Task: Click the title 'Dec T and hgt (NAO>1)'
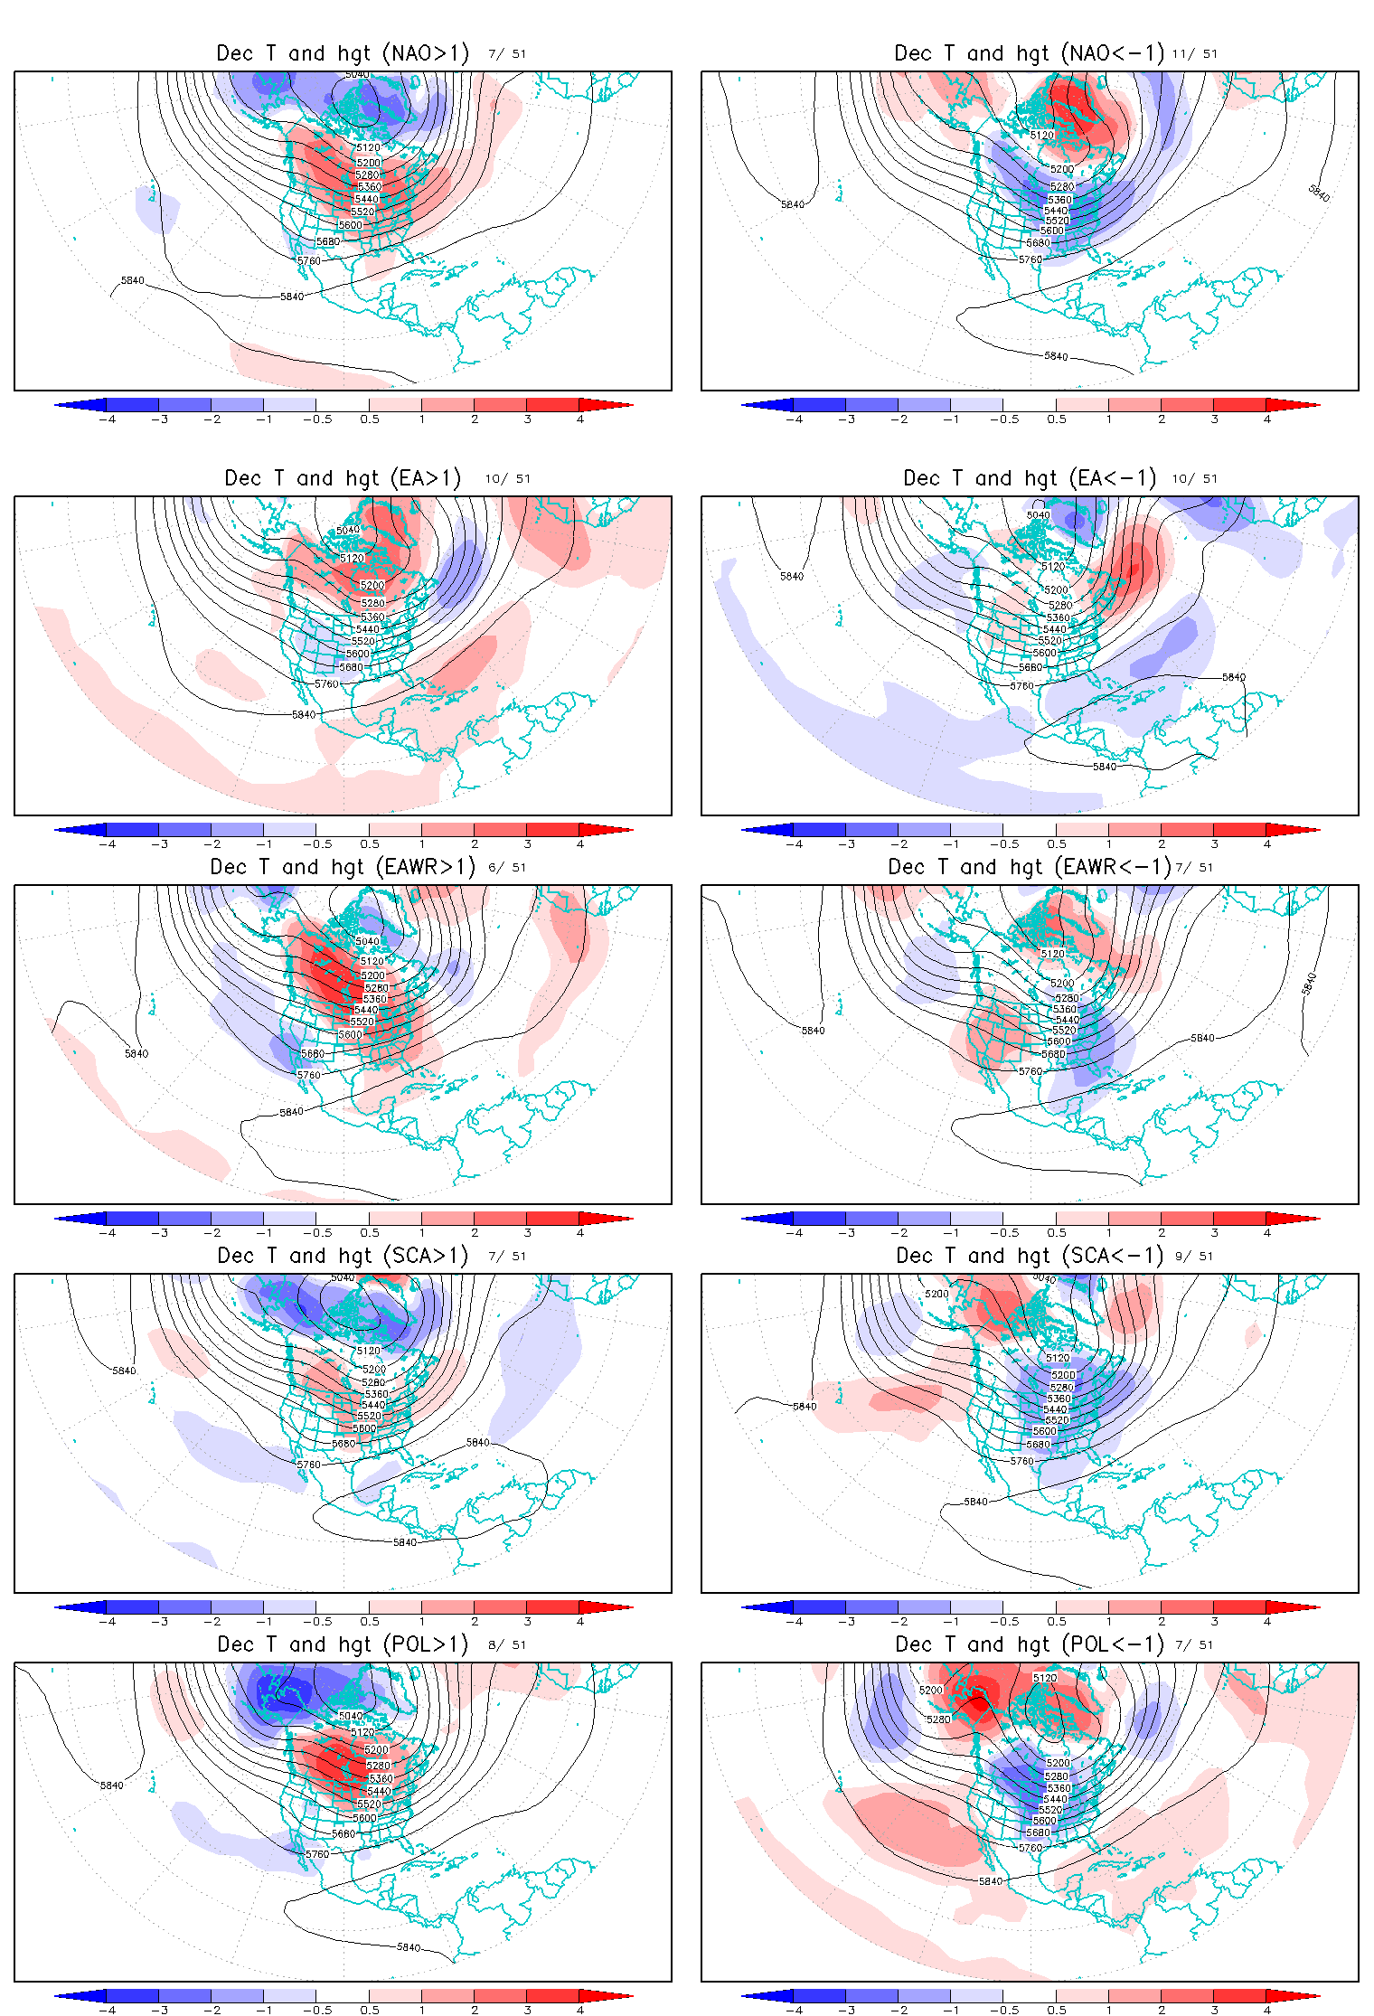(x=343, y=53)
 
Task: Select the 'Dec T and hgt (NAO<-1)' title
(x=1029, y=53)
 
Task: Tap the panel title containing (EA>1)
(x=343, y=478)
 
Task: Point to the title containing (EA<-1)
(x=1030, y=478)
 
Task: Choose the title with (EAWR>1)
(x=343, y=867)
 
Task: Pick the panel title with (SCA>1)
(x=343, y=1256)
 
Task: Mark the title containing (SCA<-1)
(x=1030, y=1256)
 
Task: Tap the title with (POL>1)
(x=343, y=1644)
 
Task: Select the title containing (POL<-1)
(x=1030, y=1644)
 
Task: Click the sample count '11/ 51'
(x=1194, y=54)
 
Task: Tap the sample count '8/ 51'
(x=507, y=1645)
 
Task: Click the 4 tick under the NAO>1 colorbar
(x=580, y=419)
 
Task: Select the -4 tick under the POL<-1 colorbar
(x=793, y=2011)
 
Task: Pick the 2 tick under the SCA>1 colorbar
(x=475, y=1622)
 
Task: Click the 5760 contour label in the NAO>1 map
(x=309, y=260)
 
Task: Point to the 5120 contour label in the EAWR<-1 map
(x=1052, y=954)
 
